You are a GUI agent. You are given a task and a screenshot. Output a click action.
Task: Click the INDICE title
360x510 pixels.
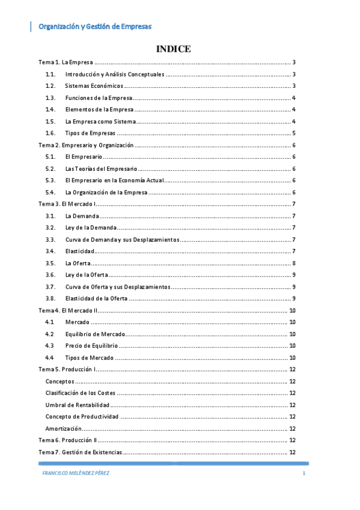coord(173,49)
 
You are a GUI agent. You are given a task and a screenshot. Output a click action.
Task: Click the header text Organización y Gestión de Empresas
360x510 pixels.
coord(94,26)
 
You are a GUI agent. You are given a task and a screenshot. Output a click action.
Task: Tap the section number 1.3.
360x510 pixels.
coord(50,97)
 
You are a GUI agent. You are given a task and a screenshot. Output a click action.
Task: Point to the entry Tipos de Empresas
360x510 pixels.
coord(90,133)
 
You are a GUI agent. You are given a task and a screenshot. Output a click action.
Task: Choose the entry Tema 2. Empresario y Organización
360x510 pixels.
coord(85,145)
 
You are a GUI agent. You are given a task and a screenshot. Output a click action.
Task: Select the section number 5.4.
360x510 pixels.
coord(50,192)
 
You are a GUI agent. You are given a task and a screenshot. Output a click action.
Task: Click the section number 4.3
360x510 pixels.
coord(50,345)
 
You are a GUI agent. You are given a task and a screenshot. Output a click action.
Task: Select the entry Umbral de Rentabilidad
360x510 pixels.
coord(77,405)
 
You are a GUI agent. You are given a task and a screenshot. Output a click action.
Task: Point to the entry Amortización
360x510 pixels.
coord(63,428)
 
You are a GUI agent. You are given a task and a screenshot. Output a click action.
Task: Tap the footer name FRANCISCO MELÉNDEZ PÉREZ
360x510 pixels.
coord(76,473)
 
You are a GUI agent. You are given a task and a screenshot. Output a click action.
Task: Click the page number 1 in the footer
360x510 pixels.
coord(304,473)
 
